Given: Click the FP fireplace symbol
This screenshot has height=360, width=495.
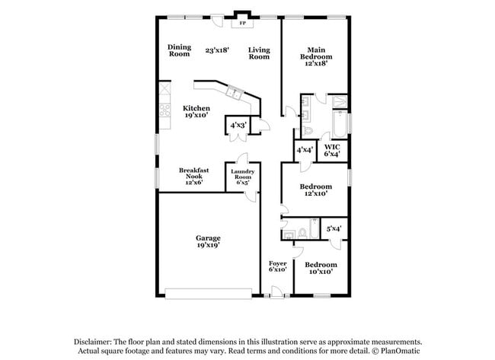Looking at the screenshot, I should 243,23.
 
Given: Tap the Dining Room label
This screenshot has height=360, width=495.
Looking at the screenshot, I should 179,50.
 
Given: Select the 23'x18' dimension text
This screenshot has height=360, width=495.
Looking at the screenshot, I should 218,50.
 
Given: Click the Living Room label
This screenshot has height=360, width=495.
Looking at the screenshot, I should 259,53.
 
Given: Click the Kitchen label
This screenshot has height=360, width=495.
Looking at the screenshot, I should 196,113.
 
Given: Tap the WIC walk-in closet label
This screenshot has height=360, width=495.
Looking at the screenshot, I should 332,150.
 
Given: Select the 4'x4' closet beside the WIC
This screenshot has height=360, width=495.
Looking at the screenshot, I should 305,150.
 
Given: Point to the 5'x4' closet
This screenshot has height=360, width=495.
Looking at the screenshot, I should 334,228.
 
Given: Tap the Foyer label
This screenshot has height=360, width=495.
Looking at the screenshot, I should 277,266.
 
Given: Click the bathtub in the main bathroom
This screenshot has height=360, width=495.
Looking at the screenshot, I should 338,123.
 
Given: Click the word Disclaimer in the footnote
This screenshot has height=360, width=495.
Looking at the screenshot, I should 95,342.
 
